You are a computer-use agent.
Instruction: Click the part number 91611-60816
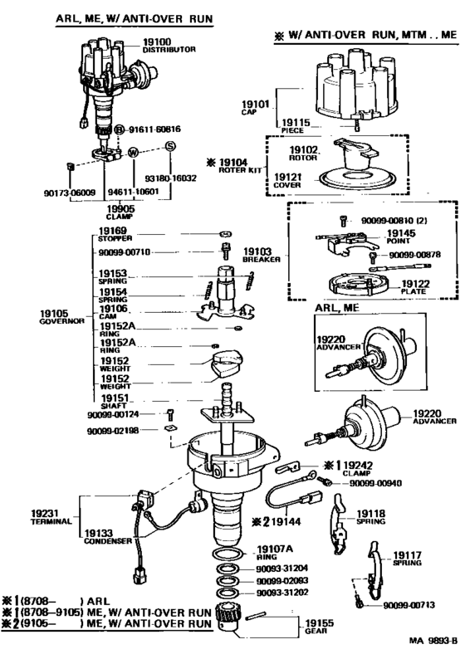coord(155,129)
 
